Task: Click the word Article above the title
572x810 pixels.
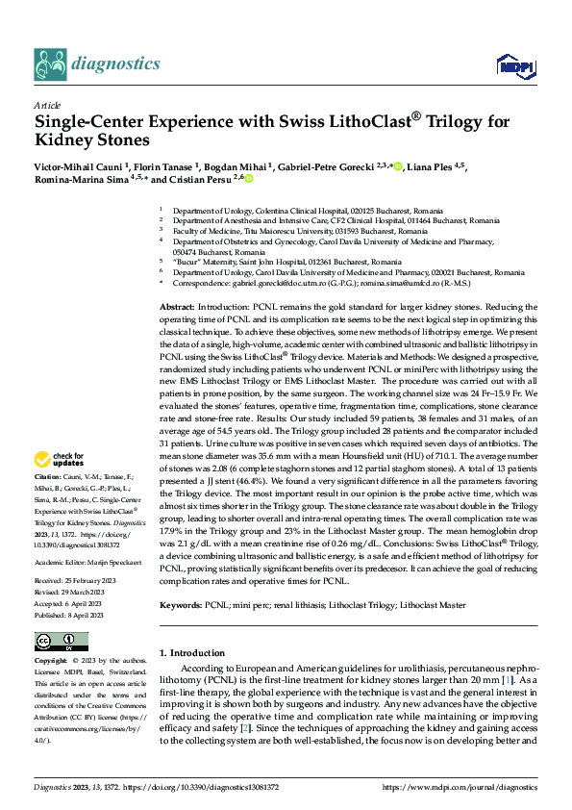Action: click(47, 104)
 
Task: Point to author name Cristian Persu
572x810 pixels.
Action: click(208, 179)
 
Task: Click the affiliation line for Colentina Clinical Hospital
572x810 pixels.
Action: click(309, 209)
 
